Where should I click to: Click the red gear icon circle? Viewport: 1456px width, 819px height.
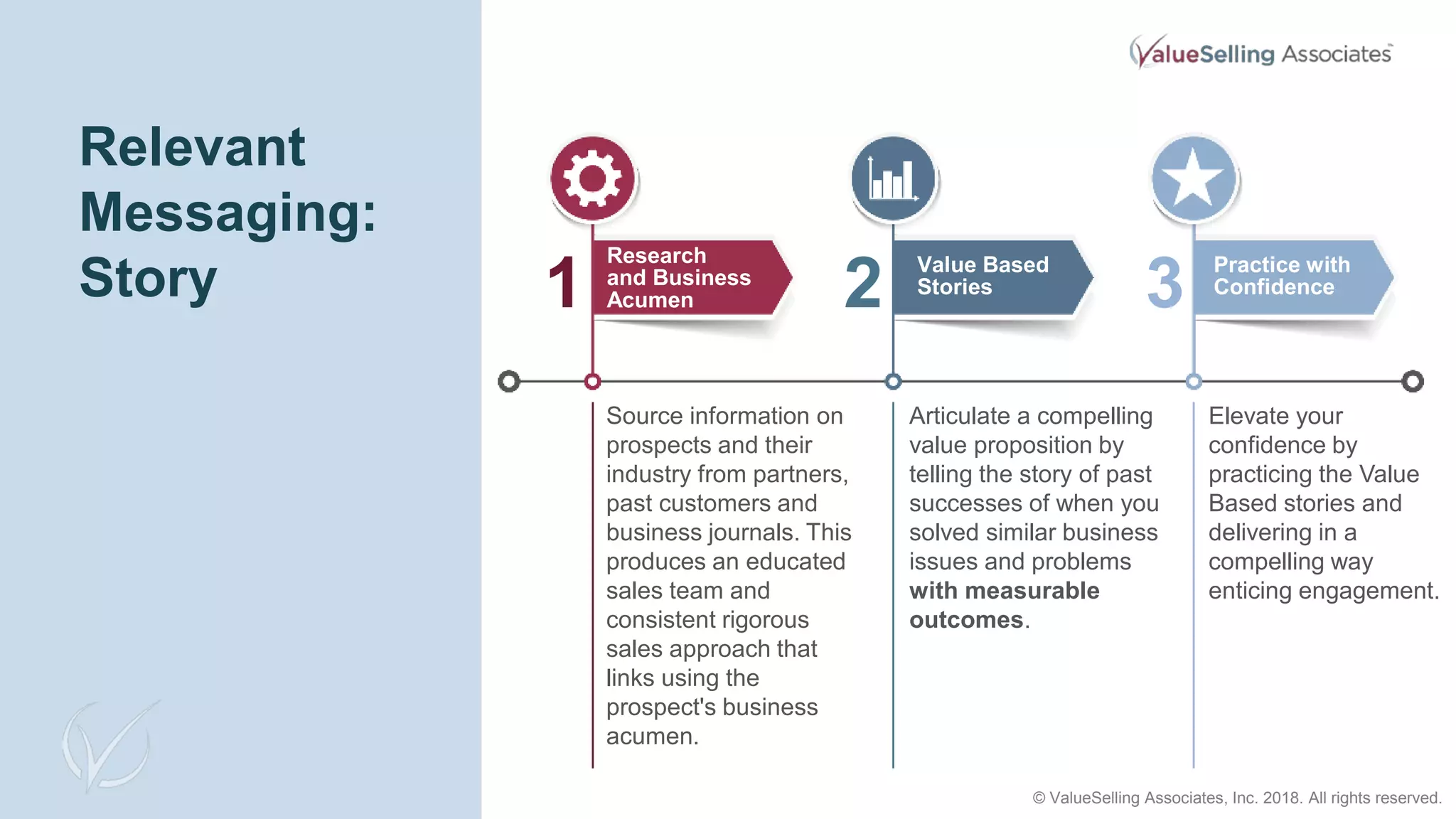coord(592,178)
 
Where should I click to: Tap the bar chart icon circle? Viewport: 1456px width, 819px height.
coord(893,178)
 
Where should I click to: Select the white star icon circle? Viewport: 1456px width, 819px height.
coord(1193,178)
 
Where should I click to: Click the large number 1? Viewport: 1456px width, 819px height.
coord(562,283)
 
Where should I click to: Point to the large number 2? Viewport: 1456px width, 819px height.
coord(862,283)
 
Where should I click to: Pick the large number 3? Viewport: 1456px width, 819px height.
coord(1165,283)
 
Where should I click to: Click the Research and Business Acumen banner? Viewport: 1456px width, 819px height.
coord(690,277)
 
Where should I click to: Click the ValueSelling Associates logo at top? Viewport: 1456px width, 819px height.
coord(1260,53)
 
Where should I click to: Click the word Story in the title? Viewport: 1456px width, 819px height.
coord(148,278)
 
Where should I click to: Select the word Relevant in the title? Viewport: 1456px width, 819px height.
coord(193,147)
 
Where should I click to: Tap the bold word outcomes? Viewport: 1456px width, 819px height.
coord(966,620)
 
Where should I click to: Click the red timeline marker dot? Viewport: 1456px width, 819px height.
coord(592,382)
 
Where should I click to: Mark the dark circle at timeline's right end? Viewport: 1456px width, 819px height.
coord(1412,382)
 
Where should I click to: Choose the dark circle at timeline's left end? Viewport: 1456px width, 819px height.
coord(509,382)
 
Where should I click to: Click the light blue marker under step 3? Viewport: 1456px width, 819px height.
coord(1194,382)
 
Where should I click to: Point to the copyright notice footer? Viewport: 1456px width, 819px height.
coord(1236,798)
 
